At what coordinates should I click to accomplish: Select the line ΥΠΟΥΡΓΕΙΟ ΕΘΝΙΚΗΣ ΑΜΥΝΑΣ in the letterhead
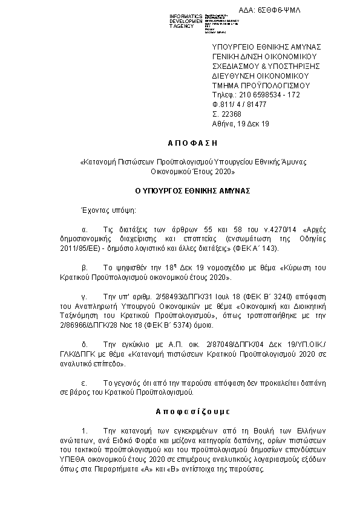coord(266,47)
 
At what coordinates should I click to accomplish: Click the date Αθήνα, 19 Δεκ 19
coord(240,124)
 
